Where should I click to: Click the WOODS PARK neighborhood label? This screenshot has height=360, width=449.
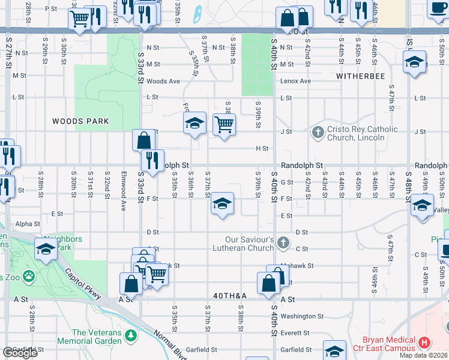point(80,121)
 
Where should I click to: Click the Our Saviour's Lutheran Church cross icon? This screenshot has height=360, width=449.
point(283,244)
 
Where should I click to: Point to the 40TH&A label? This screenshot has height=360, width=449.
point(230,296)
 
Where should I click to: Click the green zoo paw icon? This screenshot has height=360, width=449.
point(28,278)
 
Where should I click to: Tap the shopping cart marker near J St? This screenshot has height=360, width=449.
point(224,125)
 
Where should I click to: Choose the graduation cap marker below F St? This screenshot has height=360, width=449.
point(222,204)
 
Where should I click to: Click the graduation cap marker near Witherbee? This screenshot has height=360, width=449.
point(414,62)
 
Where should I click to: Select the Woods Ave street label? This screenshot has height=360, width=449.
point(163,81)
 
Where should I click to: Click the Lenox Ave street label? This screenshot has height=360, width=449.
point(297,81)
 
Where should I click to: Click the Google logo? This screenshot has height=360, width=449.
point(20,353)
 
